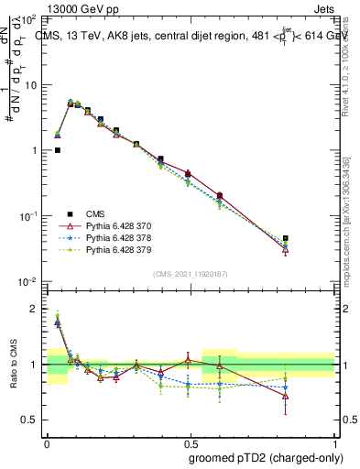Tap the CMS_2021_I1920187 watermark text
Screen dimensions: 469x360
191,272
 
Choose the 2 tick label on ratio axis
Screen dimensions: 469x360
35,309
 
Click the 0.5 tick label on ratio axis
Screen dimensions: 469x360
30,420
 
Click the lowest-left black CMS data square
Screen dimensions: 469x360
58,150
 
